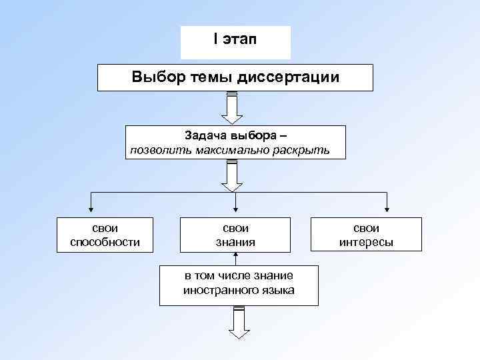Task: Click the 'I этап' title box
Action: point(235,41)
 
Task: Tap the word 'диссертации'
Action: point(288,77)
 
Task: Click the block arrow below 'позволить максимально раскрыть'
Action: point(233,175)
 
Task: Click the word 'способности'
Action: point(105,241)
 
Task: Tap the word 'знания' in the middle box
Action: point(235,241)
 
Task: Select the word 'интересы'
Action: point(366,241)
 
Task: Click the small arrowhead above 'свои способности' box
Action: point(91,208)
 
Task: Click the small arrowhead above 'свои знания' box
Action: point(235,208)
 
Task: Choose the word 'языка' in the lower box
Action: point(277,290)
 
